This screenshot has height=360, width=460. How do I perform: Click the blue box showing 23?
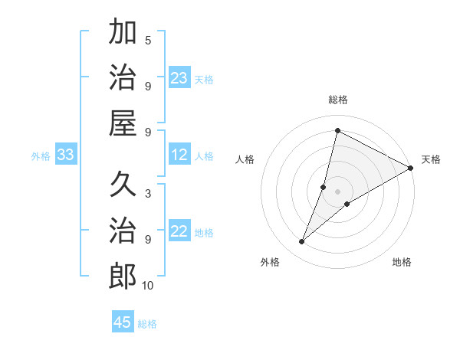[179, 78]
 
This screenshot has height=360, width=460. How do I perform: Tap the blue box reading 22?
[179, 232]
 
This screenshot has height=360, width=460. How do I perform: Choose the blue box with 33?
[66, 155]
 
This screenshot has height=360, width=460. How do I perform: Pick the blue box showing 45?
[123, 322]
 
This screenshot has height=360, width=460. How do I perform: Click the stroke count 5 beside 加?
[148, 41]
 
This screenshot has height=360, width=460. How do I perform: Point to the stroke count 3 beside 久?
[148, 193]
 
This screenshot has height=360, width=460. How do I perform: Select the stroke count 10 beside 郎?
[148, 286]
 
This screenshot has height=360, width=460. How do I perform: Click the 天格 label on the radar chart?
[431, 159]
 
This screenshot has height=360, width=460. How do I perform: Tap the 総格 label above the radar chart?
[337, 100]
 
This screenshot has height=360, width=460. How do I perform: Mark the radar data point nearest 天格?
[410, 168]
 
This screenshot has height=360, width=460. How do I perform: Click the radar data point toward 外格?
[302, 242]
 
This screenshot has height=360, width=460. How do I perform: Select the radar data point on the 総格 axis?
[337, 130]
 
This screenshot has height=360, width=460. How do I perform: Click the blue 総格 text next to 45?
[147, 324]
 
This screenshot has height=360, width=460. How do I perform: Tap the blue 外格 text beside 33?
[41, 156]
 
